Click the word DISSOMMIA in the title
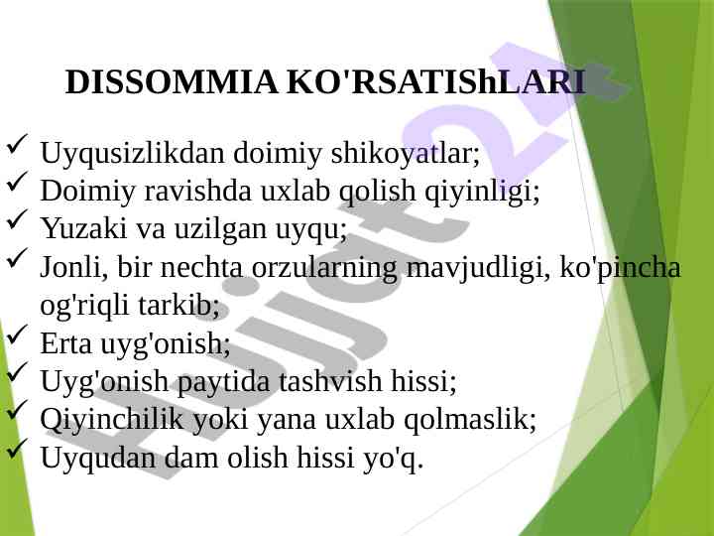point(172,82)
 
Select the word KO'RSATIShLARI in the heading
point(435,82)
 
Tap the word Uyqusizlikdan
point(132,154)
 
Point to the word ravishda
point(197,190)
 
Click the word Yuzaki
point(83,228)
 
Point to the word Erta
point(66,343)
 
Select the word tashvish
point(330,380)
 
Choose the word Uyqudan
point(98,458)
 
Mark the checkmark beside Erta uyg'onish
point(17,335)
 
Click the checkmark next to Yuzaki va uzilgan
point(17,219)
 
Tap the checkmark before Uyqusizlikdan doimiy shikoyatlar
point(17,144)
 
